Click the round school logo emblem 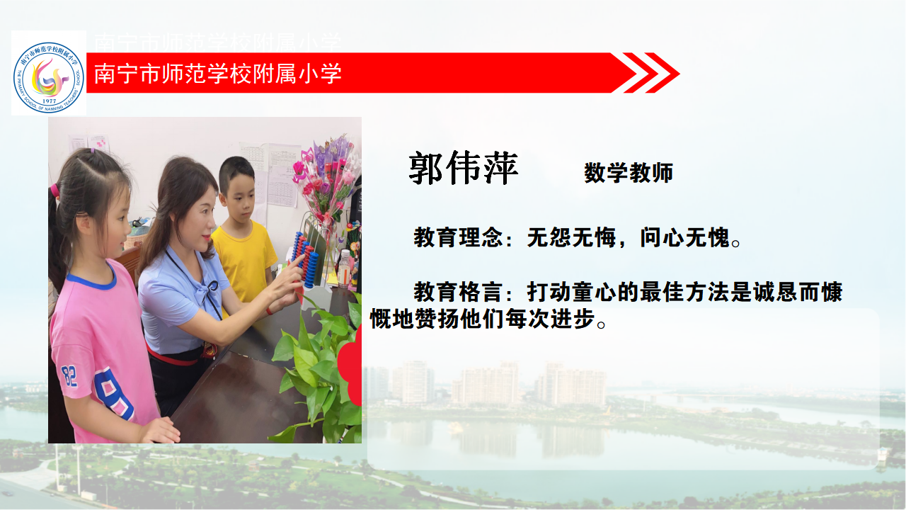(x=49, y=77)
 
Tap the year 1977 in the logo (x=50, y=101)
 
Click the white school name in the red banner (x=217, y=73)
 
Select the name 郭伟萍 (x=463, y=168)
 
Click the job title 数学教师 (x=629, y=173)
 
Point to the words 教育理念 (x=458, y=237)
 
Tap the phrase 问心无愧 (x=684, y=237)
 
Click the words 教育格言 (x=458, y=292)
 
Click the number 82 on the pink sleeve (x=69, y=376)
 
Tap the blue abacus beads (x=305, y=259)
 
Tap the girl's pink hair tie (x=55, y=191)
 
